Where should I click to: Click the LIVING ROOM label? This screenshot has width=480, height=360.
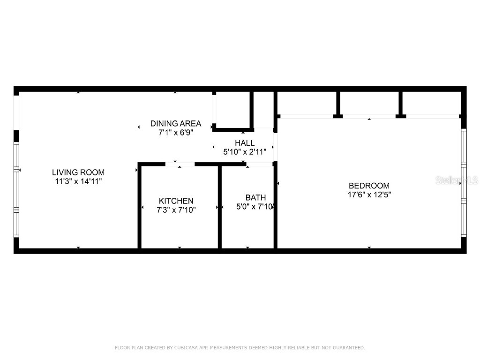[x=78, y=172]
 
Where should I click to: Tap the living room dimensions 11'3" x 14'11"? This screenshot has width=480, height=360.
[x=78, y=181]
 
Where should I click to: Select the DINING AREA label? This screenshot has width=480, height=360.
[x=176, y=124]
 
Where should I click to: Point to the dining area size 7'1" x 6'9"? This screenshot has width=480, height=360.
[x=176, y=133]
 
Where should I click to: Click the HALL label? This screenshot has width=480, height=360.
[x=245, y=143]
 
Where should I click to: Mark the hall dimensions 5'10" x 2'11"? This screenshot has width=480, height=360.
[x=245, y=151]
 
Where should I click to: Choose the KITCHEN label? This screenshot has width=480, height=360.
[x=176, y=201]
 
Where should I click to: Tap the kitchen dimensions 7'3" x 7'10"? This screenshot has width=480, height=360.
[x=176, y=210]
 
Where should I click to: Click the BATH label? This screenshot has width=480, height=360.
[x=255, y=198]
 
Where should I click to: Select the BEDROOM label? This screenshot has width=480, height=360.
[x=369, y=186]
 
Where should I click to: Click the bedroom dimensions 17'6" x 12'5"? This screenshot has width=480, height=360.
[x=369, y=195]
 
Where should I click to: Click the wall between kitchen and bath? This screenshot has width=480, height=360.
[x=219, y=206]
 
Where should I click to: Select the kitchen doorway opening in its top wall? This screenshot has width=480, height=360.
[x=180, y=164]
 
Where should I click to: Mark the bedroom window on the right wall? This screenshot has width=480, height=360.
[x=464, y=183]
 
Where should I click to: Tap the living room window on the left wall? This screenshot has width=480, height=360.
[x=16, y=190]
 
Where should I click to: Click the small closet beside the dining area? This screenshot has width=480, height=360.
[x=233, y=109]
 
